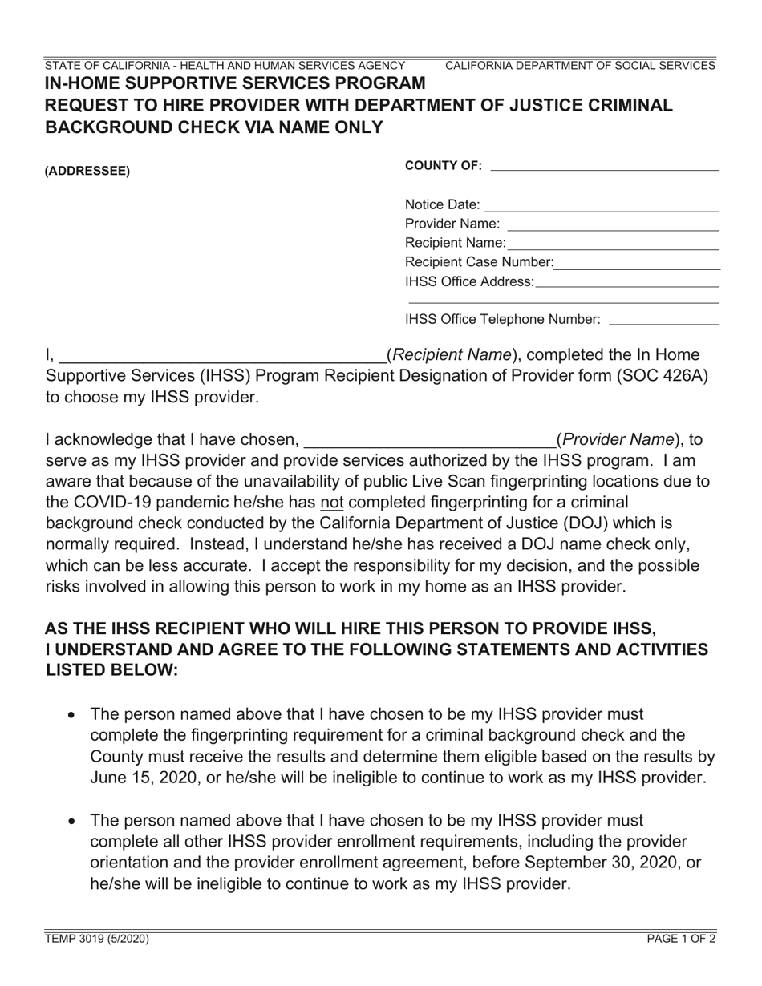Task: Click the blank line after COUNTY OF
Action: (x=604, y=167)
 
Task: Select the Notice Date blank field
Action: (x=602, y=206)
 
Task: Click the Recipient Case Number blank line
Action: (x=637, y=264)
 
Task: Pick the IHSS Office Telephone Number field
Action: (x=663, y=321)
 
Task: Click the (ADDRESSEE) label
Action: (x=87, y=171)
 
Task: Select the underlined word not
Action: (x=330, y=503)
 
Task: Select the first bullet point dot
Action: (x=73, y=715)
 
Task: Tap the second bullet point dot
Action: (x=73, y=821)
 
